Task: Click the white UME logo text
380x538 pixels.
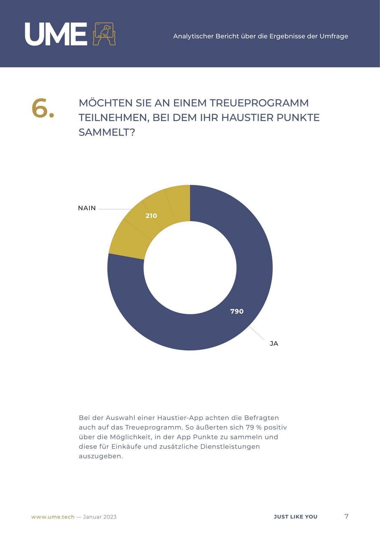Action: click(56, 34)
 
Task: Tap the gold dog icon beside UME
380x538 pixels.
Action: click(104, 34)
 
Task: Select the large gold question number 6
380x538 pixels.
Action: click(42, 108)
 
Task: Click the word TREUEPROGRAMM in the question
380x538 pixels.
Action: click(259, 103)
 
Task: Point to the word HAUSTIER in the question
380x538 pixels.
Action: click(247, 118)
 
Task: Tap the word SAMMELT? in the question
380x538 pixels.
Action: click(107, 132)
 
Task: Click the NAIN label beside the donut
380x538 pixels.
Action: click(87, 208)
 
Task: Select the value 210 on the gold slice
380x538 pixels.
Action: click(151, 216)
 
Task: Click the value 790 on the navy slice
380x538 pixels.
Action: click(237, 311)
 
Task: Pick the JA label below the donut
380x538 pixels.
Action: click(274, 343)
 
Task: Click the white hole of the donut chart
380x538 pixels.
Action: click(190, 268)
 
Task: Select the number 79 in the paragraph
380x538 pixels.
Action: click(250, 427)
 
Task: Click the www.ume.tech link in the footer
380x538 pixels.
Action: click(53, 517)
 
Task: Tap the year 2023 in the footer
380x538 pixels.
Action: click(110, 517)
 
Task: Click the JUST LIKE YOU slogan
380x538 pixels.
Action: click(295, 517)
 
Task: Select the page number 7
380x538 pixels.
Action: click(346, 516)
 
